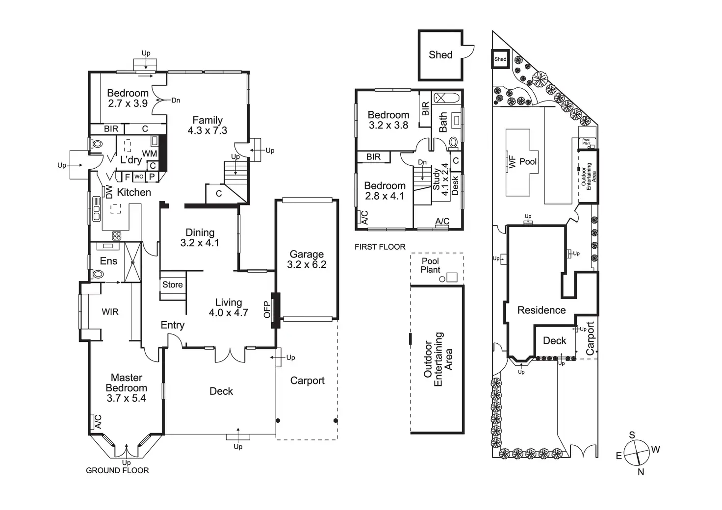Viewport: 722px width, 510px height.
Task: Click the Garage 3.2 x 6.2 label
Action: pyautogui.click(x=307, y=259)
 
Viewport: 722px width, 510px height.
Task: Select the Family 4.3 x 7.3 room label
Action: pyautogui.click(x=207, y=126)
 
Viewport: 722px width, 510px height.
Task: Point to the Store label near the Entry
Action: pyautogui.click(x=173, y=284)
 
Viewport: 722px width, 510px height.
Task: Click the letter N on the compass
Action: pyautogui.click(x=641, y=472)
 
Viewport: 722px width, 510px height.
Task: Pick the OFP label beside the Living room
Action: pyautogui.click(x=267, y=309)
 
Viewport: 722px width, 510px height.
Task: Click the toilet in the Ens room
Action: pyautogui.click(x=98, y=274)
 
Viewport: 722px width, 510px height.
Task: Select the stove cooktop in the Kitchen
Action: pyautogui.click(x=116, y=236)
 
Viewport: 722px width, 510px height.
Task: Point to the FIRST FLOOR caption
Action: pyautogui.click(x=380, y=247)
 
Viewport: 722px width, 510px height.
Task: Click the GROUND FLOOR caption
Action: pyautogui.click(x=117, y=470)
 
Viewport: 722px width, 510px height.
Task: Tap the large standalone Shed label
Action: pyautogui.click(x=440, y=55)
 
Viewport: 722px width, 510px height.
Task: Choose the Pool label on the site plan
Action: pyautogui.click(x=528, y=161)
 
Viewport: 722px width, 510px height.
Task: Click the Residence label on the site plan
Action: pyautogui.click(x=541, y=310)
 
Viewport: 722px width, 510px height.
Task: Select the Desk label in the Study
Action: pyautogui.click(x=455, y=185)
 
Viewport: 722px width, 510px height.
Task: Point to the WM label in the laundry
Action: pyautogui.click(x=150, y=153)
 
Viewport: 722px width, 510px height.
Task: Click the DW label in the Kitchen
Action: pyautogui.click(x=109, y=192)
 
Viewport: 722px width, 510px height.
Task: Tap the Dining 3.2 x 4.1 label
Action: pyautogui.click(x=200, y=237)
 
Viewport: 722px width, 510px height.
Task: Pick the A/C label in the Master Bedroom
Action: pyautogui.click(x=98, y=422)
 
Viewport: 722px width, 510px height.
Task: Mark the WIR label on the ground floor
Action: pyautogui.click(x=110, y=311)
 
